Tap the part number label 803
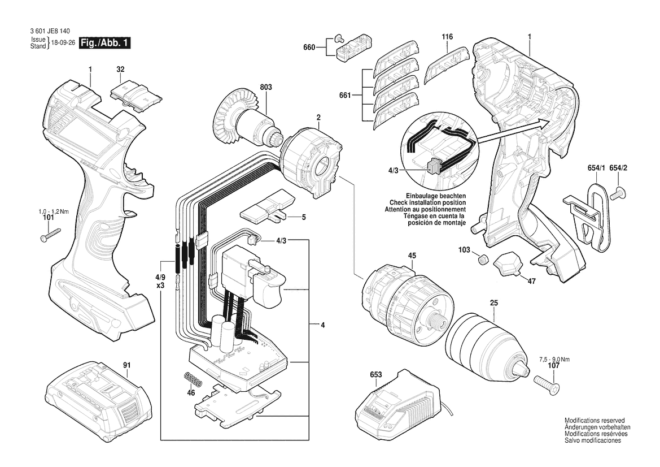click(265, 87)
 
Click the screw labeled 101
click(50, 234)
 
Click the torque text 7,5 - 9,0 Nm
click(554, 360)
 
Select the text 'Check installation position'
click(427, 203)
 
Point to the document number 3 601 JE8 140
click(50, 31)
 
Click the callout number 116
click(447, 37)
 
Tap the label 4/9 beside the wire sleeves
click(160, 278)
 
